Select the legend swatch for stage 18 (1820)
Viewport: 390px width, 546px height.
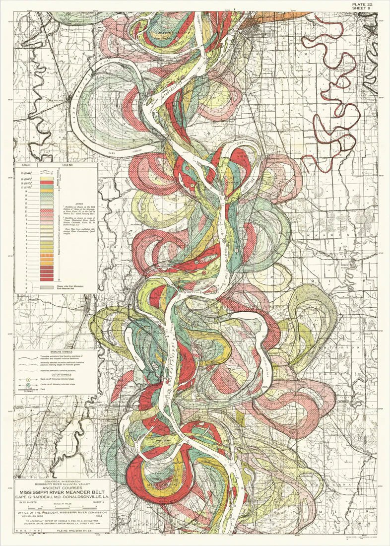tap(47, 183)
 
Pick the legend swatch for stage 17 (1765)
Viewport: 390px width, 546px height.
tap(47, 187)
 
